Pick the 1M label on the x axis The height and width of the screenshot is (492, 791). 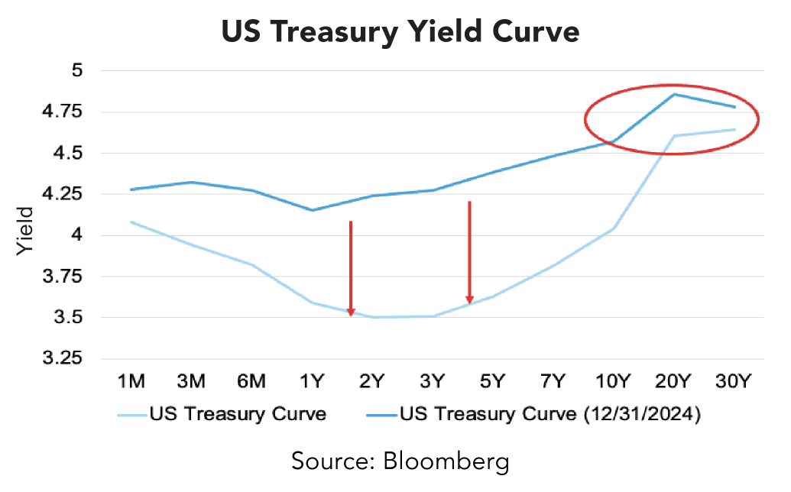click(x=131, y=380)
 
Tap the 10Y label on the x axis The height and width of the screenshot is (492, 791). click(x=613, y=380)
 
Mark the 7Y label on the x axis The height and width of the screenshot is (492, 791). click(x=553, y=380)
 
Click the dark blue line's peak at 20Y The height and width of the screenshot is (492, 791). click(x=674, y=94)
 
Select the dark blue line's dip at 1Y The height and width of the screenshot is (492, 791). click(x=312, y=210)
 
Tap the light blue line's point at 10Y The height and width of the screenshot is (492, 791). click(x=614, y=228)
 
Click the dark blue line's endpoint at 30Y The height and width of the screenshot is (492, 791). click(x=734, y=107)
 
